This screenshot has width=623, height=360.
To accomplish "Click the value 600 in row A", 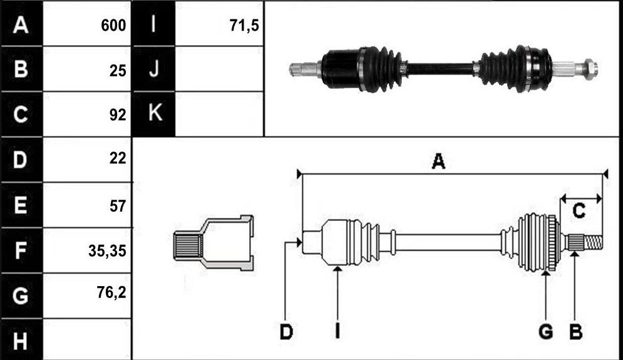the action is (113, 26).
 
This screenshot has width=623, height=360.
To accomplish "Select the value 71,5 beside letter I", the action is (244, 26).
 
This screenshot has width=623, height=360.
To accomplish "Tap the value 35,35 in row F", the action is (107, 250).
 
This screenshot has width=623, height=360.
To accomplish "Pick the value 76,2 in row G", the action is (111, 292).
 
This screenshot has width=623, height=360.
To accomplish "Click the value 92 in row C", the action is (118, 115).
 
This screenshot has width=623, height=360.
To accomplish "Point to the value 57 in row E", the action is (118, 206).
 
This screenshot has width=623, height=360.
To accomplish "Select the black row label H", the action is (21, 340).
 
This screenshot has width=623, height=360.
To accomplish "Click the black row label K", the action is (154, 114).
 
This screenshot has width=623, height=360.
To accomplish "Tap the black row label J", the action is (154, 69).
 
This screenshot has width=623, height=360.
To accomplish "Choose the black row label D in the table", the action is (21, 160).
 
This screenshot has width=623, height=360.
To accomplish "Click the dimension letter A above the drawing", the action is (438, 162).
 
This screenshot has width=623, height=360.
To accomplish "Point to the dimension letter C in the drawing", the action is (579, 210).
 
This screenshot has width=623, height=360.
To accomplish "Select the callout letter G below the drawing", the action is (546, 331).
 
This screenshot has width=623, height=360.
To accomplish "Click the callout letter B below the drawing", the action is (575, 331).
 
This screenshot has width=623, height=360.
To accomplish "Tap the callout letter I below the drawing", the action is (337, 331).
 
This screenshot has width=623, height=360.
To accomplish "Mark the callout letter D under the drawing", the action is (286, 331).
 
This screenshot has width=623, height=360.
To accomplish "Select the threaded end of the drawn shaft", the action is (593, 242).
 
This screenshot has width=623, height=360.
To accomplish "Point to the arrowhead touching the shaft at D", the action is (299, 242).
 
